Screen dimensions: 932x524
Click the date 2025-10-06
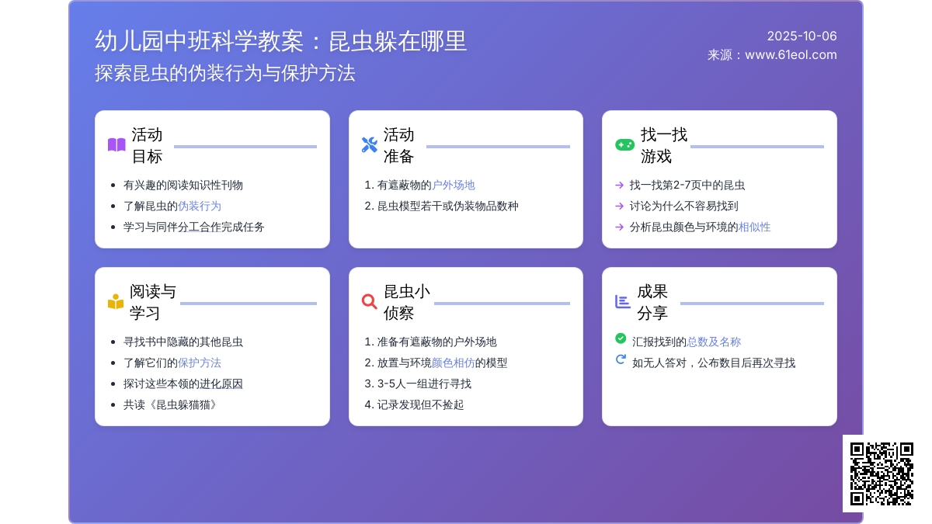tap(802, 36)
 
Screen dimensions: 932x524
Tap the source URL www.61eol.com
tap(791, 55)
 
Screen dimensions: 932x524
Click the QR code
tap(882, 474)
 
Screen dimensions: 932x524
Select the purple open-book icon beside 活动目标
tap(116, 144)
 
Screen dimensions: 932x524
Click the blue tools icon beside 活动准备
tap(370, 144)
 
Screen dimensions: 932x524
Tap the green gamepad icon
tap(624, 144)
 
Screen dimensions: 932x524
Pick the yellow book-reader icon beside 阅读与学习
tap(116, 301)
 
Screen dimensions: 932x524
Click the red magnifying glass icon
tap(370, 301)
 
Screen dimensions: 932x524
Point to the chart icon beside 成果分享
tap(622, 301)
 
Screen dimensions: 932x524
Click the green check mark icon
tap(621, 338)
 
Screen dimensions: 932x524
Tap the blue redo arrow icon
tap(621, 359)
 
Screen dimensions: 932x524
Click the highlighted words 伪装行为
tap(200, 206)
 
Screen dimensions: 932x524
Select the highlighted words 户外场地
tap(453, 185)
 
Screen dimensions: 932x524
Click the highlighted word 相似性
tap(754, 227)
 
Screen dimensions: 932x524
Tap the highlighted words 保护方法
tap(200, 363)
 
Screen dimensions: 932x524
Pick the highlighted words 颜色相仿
tap(453, 363)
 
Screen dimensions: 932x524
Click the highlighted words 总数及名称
tap(714, 342)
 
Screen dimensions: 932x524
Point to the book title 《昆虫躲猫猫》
tap(183, 404)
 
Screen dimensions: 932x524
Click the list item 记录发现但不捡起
tap(420, 404)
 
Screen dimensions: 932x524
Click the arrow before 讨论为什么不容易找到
tap(619, 206)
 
